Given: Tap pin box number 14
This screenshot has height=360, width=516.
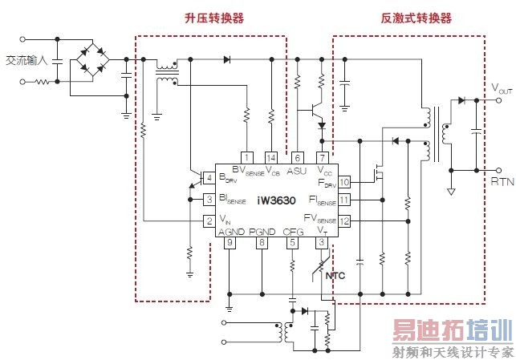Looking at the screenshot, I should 271,157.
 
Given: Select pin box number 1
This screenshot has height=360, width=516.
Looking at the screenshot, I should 247,157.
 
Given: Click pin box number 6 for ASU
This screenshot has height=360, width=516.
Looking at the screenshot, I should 297,157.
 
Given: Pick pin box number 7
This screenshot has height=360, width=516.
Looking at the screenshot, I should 322,157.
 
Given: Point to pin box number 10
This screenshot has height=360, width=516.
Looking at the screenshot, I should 344,182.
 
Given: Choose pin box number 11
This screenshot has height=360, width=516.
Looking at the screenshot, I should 344,200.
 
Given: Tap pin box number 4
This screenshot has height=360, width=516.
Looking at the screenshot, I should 209,178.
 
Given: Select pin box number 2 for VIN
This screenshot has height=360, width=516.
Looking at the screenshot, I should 209,220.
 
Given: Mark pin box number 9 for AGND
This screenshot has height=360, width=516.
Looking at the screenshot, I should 230,242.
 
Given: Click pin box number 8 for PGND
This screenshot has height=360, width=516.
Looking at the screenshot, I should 261,242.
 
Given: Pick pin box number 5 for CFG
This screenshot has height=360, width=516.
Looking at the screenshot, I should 292,242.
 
